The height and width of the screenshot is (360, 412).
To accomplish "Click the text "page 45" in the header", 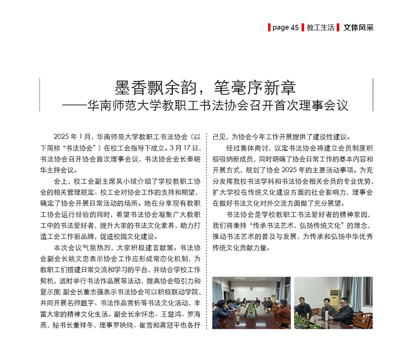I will (285, 27).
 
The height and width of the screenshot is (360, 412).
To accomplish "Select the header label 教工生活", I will (320, 27).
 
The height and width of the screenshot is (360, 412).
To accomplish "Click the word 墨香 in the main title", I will (128, 87).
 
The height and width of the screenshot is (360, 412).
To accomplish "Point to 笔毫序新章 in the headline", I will (258, 87).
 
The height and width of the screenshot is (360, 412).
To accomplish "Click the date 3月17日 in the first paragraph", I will (185, 147).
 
